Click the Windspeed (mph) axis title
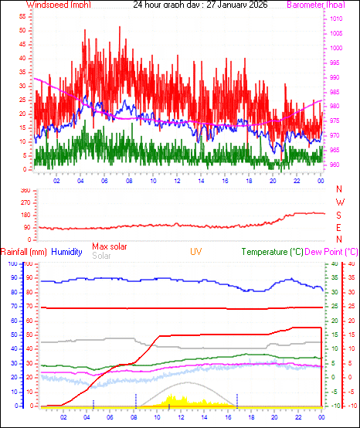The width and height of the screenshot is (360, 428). pos(58,5)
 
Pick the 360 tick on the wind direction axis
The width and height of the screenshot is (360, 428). pos(24,190)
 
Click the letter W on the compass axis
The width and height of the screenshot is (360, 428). pos(338,202)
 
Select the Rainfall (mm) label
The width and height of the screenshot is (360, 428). pos(23,252)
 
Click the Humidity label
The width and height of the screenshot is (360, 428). pos(67,252)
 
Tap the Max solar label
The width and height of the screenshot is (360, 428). pos(110,246)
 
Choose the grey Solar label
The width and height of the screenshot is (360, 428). pos(101,256)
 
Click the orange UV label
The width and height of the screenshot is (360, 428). pos(197,252)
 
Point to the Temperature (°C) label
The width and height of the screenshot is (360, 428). pos(273,252)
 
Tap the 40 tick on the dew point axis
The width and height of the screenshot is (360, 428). pos(352,264)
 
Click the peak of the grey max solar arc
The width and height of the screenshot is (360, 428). pos(186,382)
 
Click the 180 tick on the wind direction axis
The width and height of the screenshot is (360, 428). pos(24,215)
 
